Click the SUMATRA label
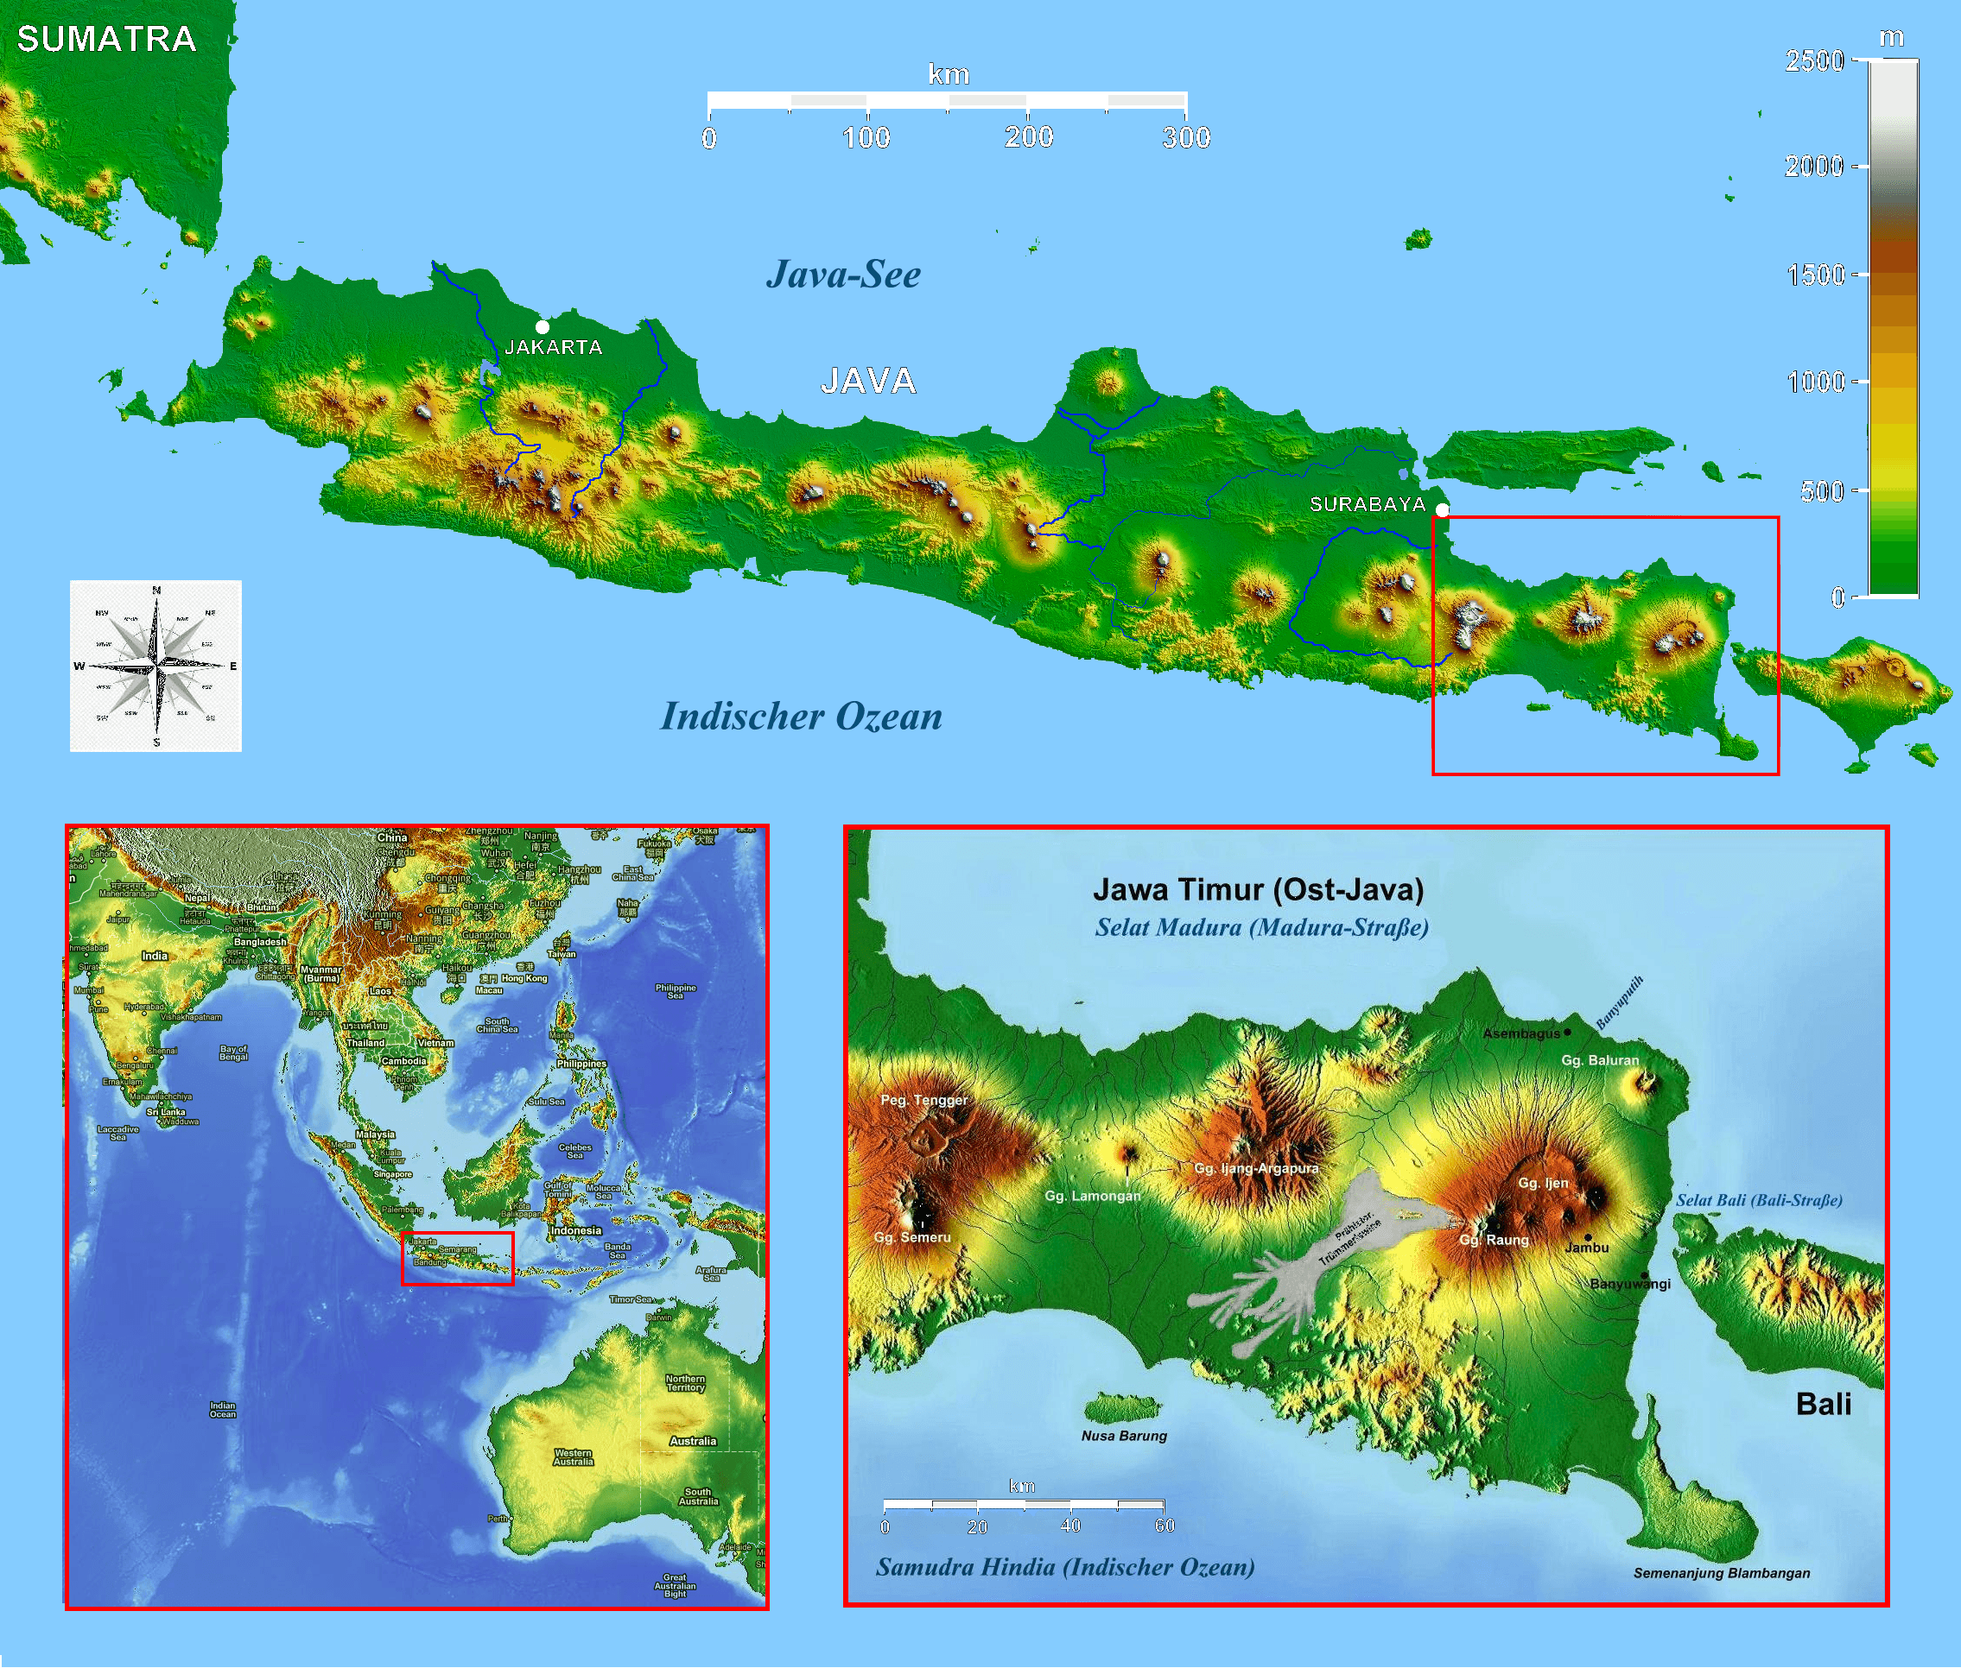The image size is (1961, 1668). click(x=106, y=39)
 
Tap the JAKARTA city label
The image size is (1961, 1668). click(x=554, y=347)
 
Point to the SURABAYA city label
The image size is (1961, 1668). click(x=1367, y=504)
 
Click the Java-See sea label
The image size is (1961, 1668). click(x=843, y=275)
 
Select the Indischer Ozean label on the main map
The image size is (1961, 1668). click(x=801, y=716)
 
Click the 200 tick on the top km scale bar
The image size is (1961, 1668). click(x=1028, y=137)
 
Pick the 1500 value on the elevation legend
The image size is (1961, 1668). click(x=1815, y=275)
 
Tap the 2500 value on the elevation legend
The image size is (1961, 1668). click(x=1814, y=61)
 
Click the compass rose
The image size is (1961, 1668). click(x=156, y=666)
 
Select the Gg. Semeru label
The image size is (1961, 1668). click(x=912, y=1237)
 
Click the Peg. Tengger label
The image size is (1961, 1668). click(x=924, y=1100)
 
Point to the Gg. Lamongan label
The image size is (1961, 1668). click(x=1092, y=1196)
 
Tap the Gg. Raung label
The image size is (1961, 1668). click(x=1494, y=1240)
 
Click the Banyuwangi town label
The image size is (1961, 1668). click(x=1630, y=1283)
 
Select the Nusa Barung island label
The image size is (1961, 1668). click(x=1124, y=1436)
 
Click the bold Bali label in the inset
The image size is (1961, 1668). click(x=1823, y=1404)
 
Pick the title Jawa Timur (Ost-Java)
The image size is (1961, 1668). click(x=1258, y=889)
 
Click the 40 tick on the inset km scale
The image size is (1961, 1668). click(x=1069, y=1526)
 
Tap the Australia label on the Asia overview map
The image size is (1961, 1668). click(x=693, y=1441)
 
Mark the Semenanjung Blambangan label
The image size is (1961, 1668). click(x=1722, y=1572)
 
